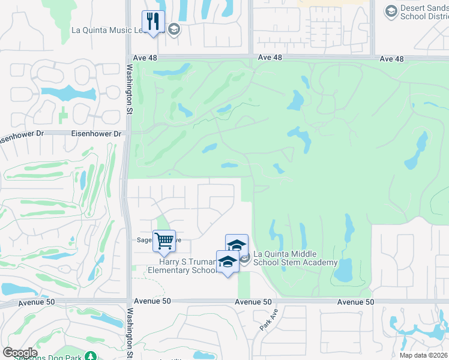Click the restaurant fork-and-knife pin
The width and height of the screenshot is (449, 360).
[x=153, y=22]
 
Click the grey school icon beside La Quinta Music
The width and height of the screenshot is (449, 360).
[x=173, y=29]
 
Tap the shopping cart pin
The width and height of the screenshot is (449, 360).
[x=164, y=242]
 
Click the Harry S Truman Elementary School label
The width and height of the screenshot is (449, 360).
[x=182, y=266]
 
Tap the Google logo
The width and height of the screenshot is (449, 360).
[x=20, y=353]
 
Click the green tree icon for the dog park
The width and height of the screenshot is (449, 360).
[x=91, y=356]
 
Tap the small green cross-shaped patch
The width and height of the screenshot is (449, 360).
[x=64, y=114]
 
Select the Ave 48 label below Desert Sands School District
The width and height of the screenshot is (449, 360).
[x=392, y=59]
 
